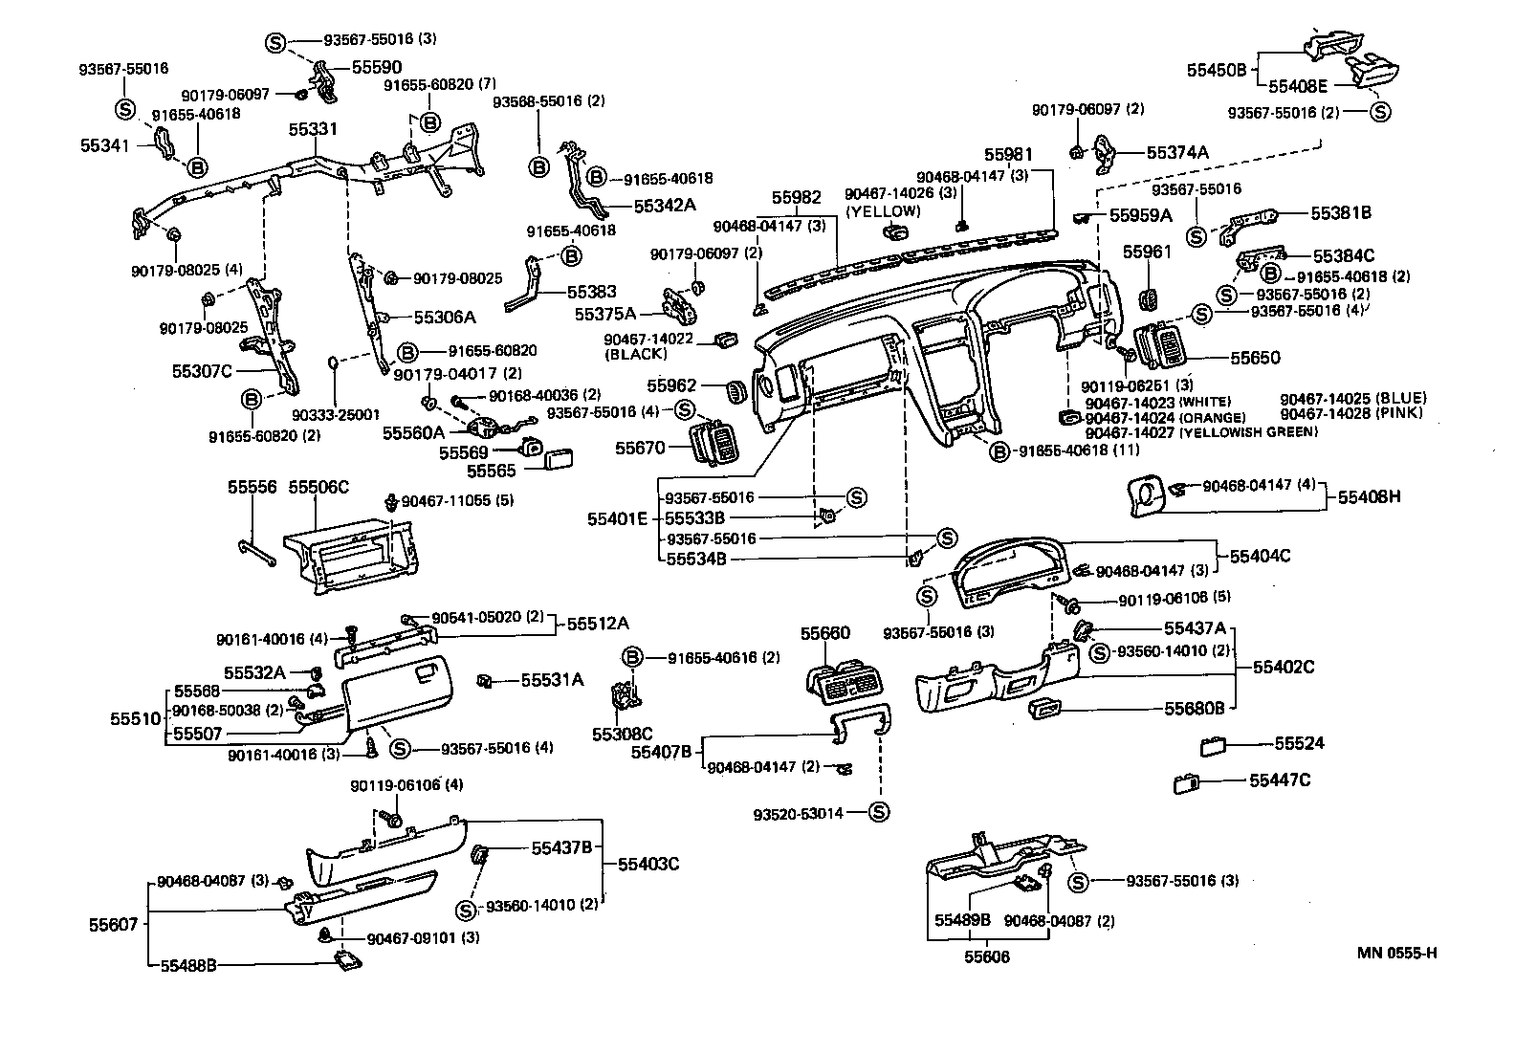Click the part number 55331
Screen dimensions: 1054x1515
(x=315, y=128)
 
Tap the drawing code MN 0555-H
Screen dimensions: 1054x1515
(x=1396, y=952)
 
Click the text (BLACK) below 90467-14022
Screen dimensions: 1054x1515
(x=635, y=354)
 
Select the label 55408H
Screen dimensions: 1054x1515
(x=1369, y=496)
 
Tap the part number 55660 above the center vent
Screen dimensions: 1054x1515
(x=824, y=632)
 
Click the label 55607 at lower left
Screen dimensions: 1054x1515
(x=115, y=924)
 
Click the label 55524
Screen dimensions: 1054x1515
(x=1299, y=743)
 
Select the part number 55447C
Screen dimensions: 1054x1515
(x=1280, y=780)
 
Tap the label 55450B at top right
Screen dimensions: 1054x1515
(x=1217, y=70)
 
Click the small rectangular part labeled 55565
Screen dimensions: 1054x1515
(x=559, y=461)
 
